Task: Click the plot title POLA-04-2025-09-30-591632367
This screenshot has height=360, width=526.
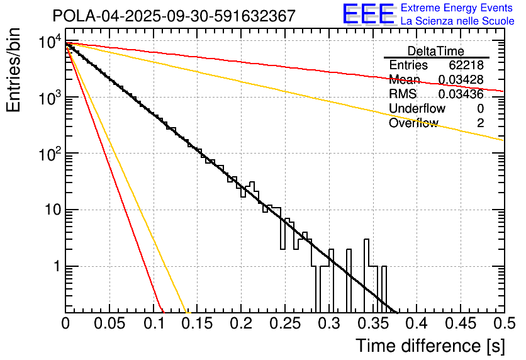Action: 174,16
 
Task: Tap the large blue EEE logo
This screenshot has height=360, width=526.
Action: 368,14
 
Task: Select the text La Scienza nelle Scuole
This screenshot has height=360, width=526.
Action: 457,21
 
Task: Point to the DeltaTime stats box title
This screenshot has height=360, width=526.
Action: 436,51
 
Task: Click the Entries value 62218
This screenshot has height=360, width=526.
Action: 466,65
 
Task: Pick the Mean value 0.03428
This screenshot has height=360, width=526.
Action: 461,80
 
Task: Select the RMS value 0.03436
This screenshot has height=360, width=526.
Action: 461,94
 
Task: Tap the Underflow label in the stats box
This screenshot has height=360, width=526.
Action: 417,109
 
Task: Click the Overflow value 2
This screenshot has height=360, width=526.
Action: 480,123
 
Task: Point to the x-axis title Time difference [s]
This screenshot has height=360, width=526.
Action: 430,346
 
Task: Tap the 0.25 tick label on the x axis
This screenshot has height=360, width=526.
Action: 284,325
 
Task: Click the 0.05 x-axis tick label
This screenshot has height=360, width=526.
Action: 109,325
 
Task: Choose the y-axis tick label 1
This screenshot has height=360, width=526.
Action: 55,267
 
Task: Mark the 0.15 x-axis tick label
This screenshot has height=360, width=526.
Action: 196,325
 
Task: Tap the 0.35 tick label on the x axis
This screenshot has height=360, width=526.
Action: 372,325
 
